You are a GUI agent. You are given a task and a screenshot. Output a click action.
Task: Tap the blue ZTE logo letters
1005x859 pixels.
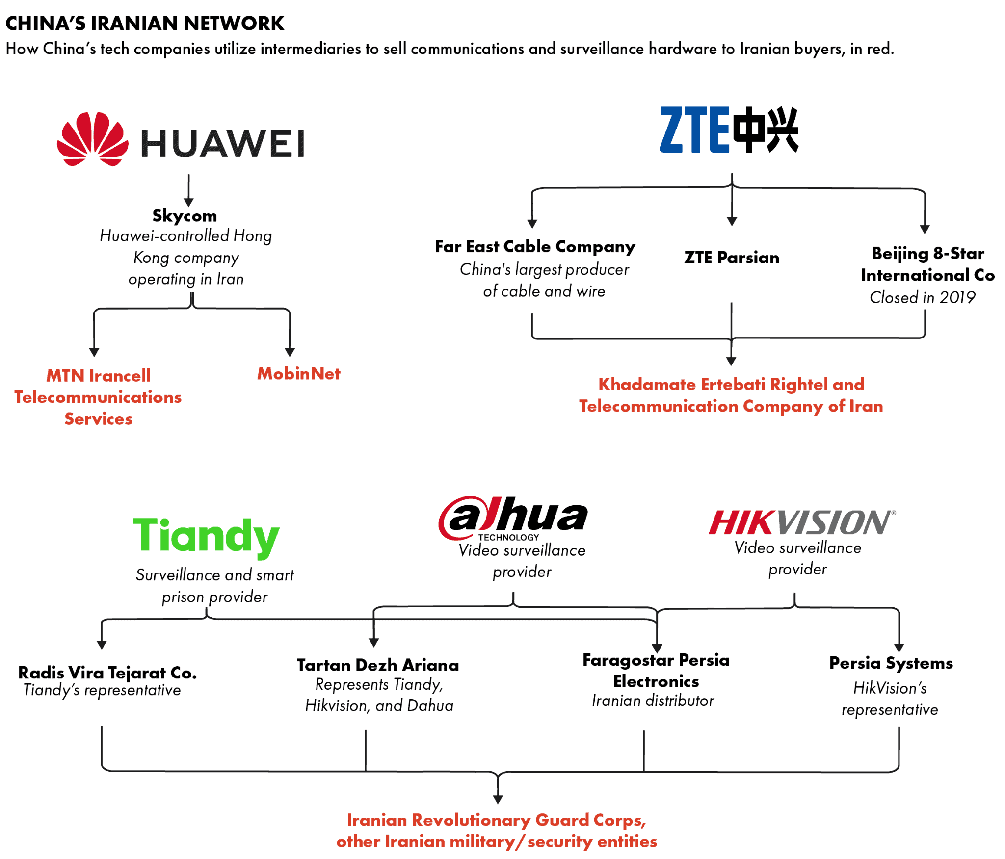693,130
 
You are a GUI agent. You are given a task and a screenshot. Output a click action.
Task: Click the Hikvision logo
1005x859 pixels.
801,522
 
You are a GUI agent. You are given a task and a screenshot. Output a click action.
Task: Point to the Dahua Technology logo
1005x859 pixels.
513,518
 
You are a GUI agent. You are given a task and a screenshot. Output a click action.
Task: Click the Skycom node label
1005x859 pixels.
185,215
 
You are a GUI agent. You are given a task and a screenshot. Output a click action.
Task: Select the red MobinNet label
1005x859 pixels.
298,374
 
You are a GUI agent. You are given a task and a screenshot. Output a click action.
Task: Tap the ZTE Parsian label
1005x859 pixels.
731,258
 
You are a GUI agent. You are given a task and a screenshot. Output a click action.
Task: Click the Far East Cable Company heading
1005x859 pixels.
534,246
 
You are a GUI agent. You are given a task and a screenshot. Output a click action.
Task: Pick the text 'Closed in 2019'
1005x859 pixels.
922,297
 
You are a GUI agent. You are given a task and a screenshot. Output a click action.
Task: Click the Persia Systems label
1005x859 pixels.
891,663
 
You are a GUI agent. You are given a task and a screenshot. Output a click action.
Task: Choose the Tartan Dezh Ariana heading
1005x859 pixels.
378,665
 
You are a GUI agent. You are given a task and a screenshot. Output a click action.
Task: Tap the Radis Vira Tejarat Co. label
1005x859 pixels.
107,672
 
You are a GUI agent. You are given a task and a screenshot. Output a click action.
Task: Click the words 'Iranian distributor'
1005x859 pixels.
653,701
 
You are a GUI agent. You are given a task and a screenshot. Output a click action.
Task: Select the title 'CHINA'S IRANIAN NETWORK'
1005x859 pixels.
145,23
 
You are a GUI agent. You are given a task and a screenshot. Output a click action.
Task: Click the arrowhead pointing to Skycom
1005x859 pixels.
188,202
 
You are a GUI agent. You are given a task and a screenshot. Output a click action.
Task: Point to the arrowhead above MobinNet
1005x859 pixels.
290,352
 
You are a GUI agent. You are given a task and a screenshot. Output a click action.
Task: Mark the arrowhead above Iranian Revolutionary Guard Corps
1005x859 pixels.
498,799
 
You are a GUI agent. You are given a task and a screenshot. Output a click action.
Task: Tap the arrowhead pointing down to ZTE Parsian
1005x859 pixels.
732,221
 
